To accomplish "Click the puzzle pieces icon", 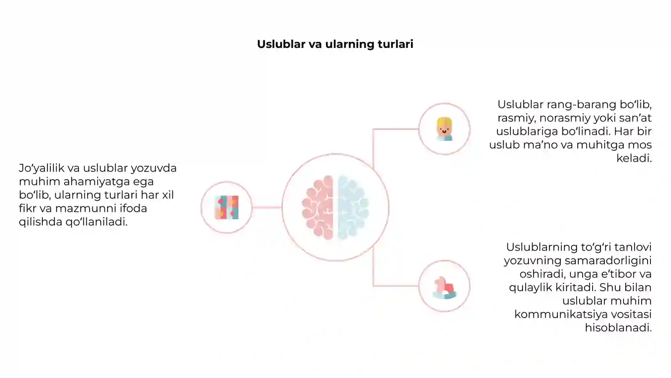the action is [227, 207].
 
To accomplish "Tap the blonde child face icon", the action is [444, 129].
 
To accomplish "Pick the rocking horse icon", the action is [445, 288].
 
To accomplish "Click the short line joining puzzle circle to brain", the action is [267, 207].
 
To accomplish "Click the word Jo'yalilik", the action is [42, 168].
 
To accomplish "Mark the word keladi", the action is [634, 158].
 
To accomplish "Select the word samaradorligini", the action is [608, 261].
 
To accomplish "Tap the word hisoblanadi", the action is [618, 328].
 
